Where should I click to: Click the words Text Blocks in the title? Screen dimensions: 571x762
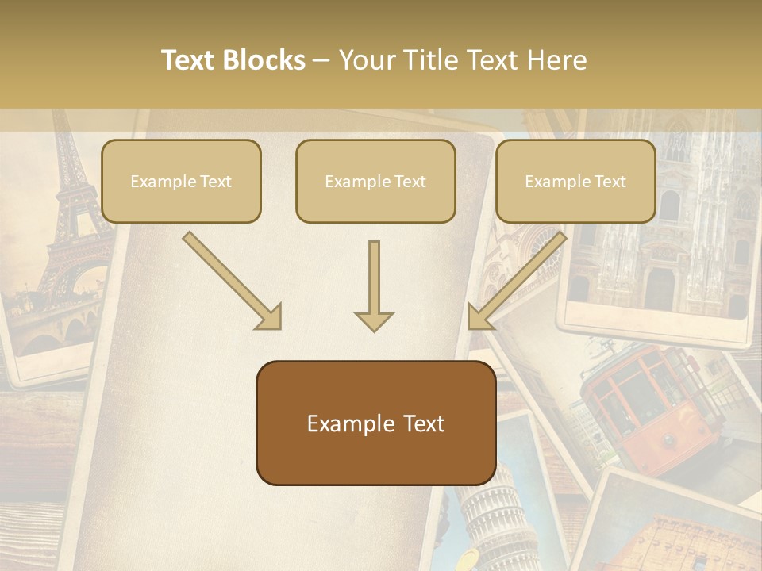point(233,60)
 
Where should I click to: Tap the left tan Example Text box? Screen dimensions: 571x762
point(181,181)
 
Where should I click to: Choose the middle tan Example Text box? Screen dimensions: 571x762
point(375,181)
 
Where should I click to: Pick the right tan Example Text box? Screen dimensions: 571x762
point(575,181)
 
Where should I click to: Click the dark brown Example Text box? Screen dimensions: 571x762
point(375,423)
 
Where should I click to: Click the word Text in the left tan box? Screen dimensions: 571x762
point(215,181)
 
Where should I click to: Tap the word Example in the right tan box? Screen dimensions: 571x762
point(556,181)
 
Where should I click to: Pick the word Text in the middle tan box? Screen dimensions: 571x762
point(410,181)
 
